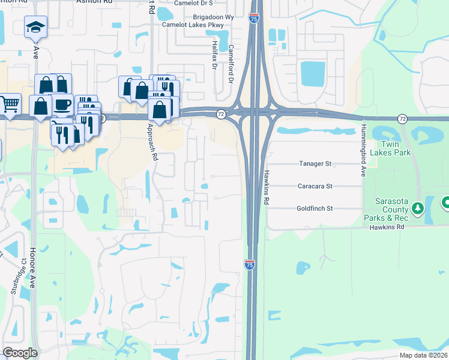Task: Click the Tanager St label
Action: point(315,163)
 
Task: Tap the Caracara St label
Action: point(315,186)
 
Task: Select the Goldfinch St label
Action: point(315,208)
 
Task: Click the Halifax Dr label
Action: point(213,55)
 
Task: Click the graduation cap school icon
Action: point(35,26)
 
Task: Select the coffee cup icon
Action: point(62,104)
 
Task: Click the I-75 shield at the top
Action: point(254,19)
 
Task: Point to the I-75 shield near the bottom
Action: point(250,265)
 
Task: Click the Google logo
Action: point(20,353)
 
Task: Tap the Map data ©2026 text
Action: point(423,355)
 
